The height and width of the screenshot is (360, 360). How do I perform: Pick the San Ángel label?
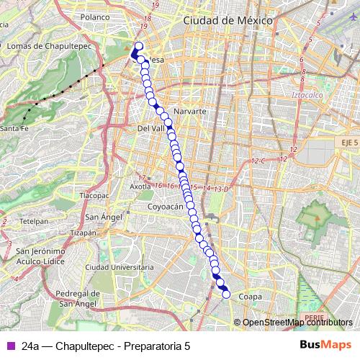102,217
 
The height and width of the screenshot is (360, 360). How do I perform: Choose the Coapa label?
249,296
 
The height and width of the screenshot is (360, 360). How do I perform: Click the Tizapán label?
84,233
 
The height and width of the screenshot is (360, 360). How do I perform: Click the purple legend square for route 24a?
11,346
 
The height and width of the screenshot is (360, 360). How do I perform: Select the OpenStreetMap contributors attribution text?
297,323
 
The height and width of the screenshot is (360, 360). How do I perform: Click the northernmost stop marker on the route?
139,47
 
